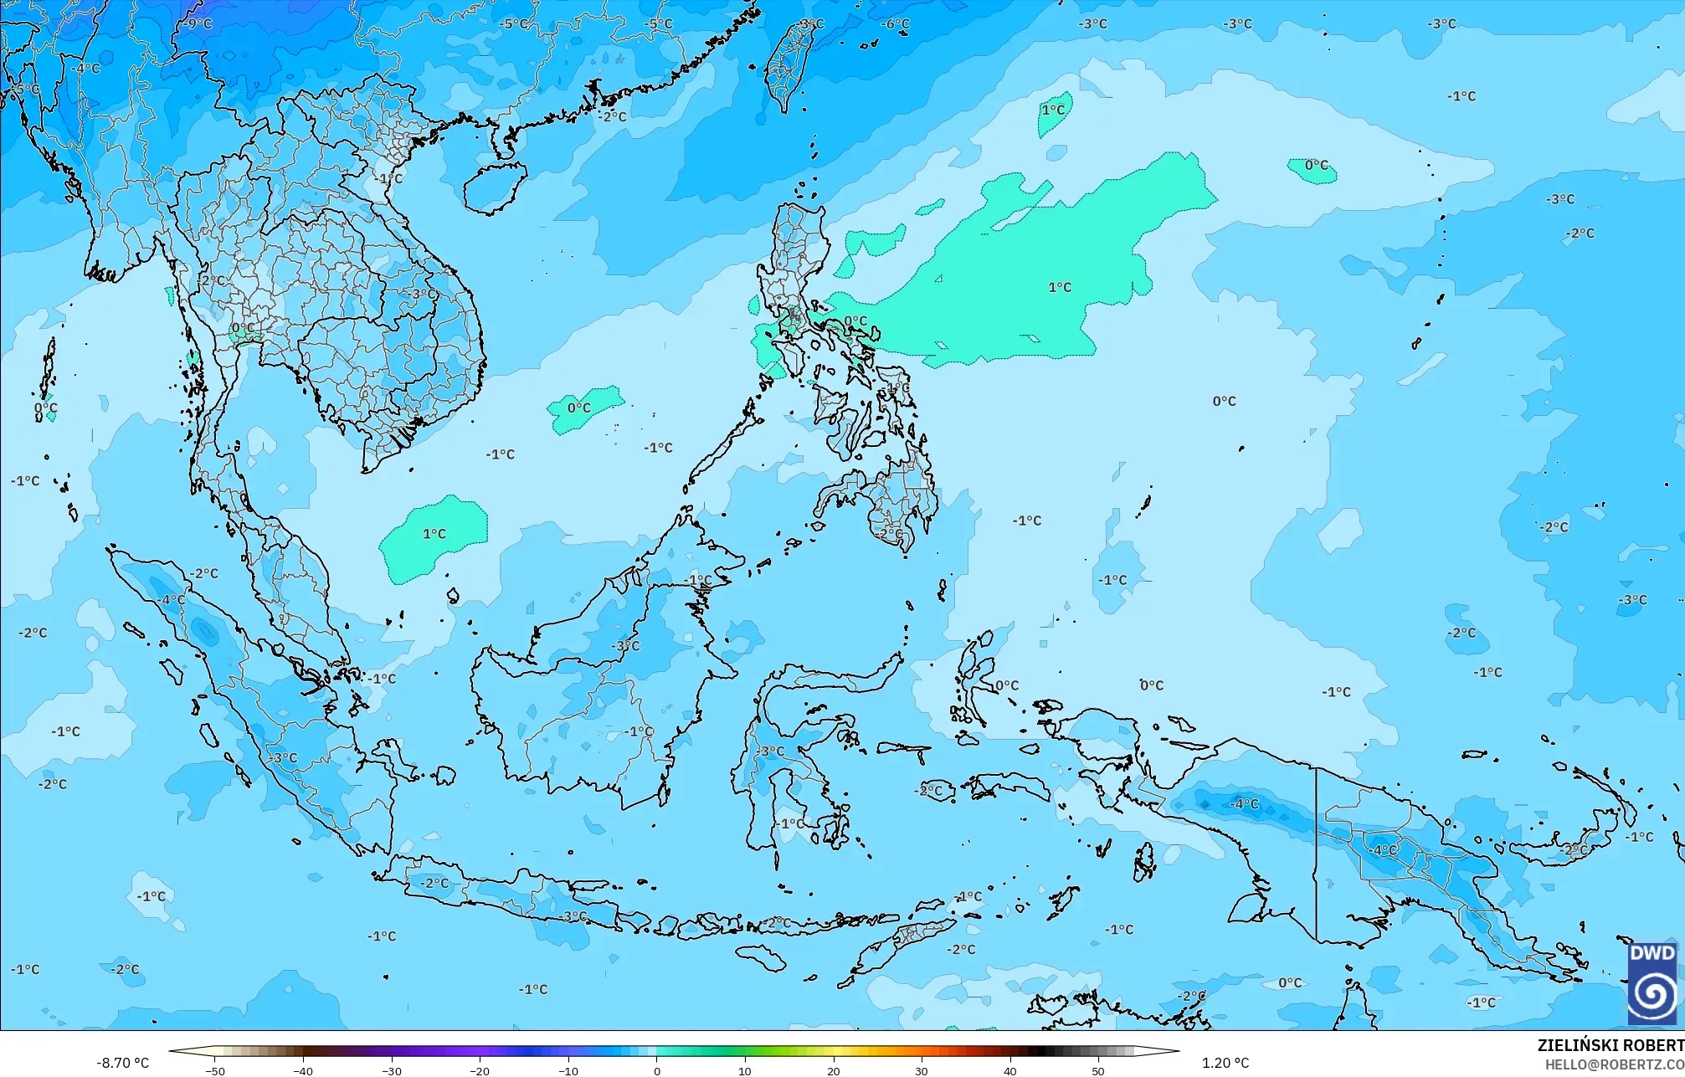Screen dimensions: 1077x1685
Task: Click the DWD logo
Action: pyautogui.click(x=1652, y=983)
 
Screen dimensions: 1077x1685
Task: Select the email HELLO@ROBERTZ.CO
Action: pyautogui.click(x=1614, y=1064)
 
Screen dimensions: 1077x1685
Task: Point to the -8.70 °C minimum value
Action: pyautogui.click(x=122, y=1063)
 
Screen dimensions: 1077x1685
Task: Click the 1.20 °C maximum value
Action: pyautogui.click(x=1225, y=1063)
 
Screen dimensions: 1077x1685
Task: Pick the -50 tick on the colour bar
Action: pyautogui.click(x=215, y=1070)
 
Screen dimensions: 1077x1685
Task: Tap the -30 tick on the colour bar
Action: pyautogui.click(x=392, y=1070)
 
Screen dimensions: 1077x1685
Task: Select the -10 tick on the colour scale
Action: pyautogui.click(x=568, y=1070)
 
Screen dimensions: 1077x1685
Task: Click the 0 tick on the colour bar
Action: pyautogui.click(x=657, y=1070)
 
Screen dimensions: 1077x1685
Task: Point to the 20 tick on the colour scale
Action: pyautogui.click(x=833, y=1070)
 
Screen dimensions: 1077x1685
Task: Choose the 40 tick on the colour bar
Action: pyautogui.click(x=1009, y=1070)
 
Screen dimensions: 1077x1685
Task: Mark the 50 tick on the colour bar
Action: pyautogui.click(x=1097, y=1070)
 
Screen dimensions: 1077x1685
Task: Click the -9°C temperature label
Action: pyautogui.click(x=198, y=24)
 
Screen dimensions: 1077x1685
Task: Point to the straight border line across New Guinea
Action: pyautogui.click(x=1317, y=854)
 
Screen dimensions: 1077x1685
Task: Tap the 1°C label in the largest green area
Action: pyautogui.click(x=1060, y=287)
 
